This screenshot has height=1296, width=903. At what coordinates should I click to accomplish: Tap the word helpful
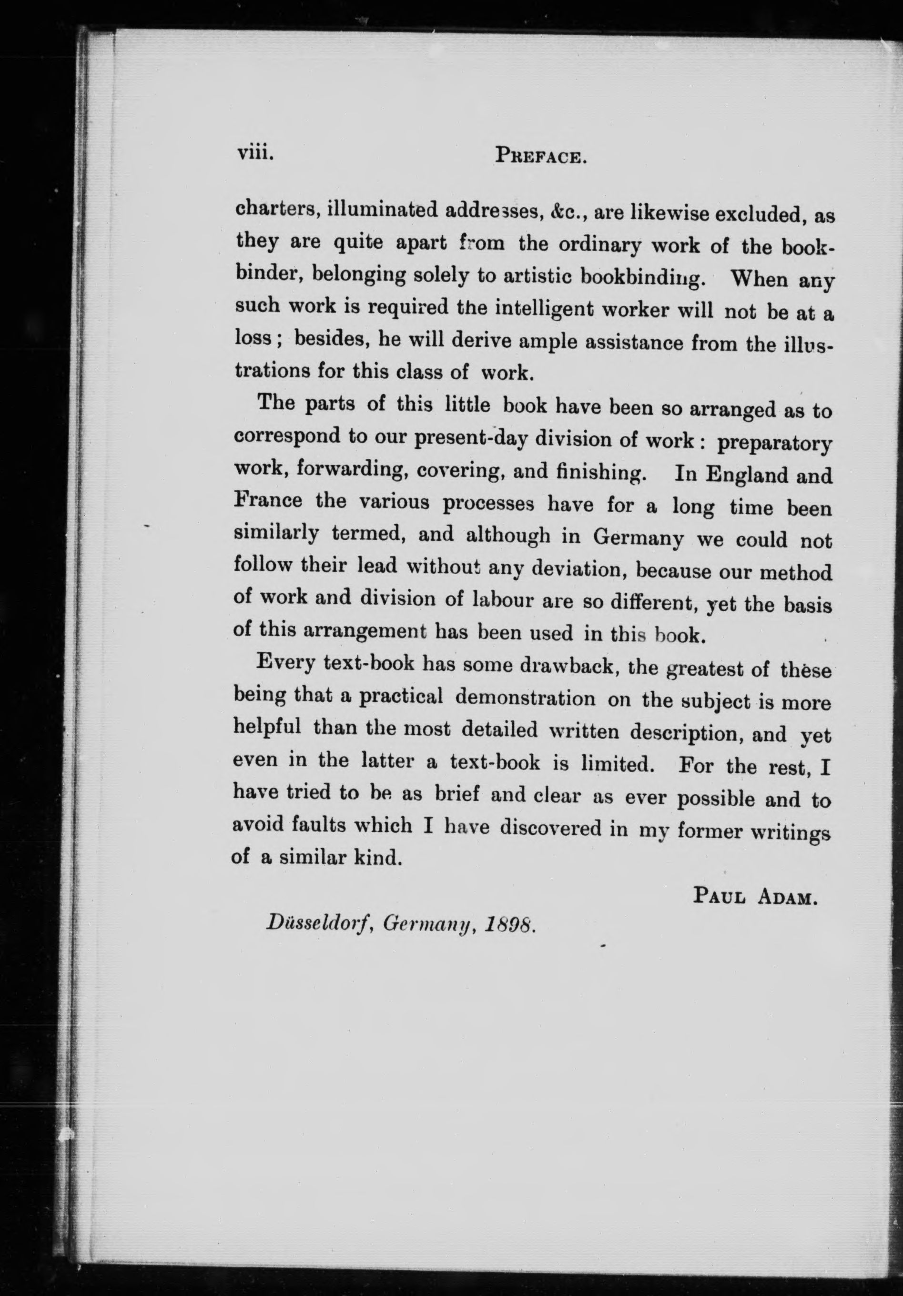pyautogui.click(x=267, y=728)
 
